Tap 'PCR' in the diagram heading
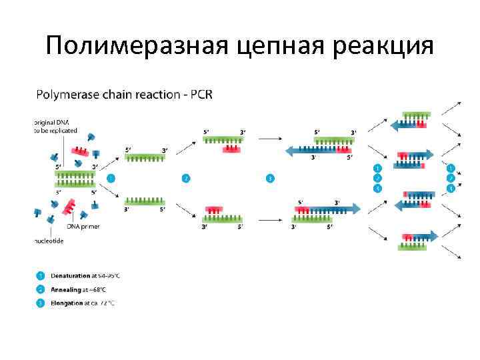click(201, 94)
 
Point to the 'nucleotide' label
click(49, 241)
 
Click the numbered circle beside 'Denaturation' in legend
click(41, 275)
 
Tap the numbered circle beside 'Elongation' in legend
click(41, 303)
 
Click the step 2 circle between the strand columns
click(186, 178)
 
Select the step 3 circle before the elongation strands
click(269, 178)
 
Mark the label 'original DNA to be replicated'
click(56, 127)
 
